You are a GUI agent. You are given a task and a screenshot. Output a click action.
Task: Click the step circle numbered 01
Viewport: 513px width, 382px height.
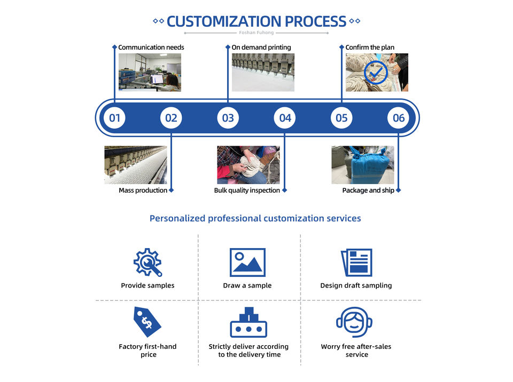114,118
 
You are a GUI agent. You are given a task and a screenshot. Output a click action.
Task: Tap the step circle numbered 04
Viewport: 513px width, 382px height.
285,118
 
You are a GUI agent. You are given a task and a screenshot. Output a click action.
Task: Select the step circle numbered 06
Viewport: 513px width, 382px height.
399,118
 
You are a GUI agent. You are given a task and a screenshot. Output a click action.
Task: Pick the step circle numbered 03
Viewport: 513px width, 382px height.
228,118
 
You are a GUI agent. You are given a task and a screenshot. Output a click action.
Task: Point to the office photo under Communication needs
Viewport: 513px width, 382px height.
150,72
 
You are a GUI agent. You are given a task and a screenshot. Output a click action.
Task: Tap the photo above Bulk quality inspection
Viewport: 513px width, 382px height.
248,165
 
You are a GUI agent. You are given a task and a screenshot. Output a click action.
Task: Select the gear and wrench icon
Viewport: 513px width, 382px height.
147,262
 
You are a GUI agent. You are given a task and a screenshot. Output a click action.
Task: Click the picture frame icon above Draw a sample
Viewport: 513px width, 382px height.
247,262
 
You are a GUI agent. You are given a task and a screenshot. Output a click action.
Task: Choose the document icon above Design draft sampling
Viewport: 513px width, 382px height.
356,262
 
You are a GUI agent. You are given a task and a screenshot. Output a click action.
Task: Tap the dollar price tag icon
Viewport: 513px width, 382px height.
147,322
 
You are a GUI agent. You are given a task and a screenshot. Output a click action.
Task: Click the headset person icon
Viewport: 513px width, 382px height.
355,322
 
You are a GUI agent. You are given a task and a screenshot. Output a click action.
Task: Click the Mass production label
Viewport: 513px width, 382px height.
143,190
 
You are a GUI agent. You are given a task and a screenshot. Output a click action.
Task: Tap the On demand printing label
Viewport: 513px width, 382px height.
261,47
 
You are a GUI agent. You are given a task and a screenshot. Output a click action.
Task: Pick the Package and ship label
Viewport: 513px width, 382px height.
368,190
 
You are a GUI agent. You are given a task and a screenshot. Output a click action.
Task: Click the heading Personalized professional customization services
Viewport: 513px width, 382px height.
255,218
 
